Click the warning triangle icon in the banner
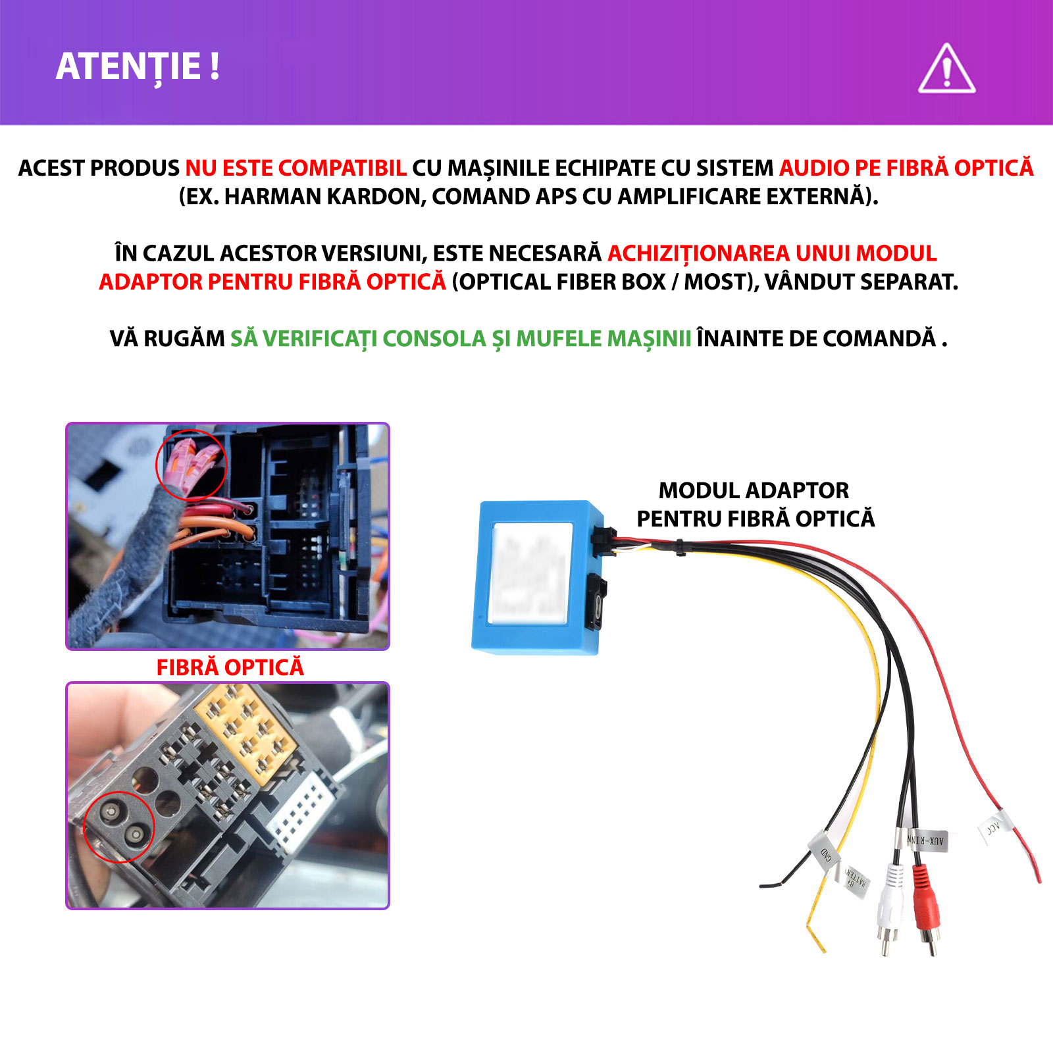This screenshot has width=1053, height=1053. tap(946, 70)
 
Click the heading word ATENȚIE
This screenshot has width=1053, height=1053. tap(129, 66)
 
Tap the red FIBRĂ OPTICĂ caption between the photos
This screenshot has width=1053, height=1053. tap(230, 667)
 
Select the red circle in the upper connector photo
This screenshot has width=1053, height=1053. tap(191, 465)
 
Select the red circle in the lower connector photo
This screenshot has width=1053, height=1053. tap(119, 827)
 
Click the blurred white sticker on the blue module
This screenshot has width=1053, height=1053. tap(529, 573)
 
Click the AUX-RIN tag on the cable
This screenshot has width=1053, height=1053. tap(928, 840)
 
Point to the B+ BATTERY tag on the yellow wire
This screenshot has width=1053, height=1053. tap(856, 881)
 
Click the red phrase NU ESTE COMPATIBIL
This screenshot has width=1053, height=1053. tap(295, 168)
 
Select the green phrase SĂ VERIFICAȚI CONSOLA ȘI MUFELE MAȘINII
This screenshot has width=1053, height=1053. tap(461, 338)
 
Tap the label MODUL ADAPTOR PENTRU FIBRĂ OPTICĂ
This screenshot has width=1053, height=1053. tap(755, 504)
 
